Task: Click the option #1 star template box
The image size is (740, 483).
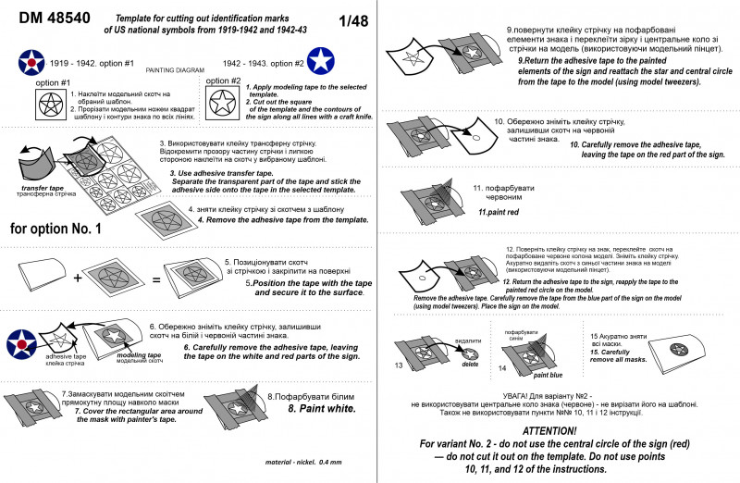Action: point(46,108)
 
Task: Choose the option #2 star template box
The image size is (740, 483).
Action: point(222,108)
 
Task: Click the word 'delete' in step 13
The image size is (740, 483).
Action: point(470,364)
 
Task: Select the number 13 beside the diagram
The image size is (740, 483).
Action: point(400,366)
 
